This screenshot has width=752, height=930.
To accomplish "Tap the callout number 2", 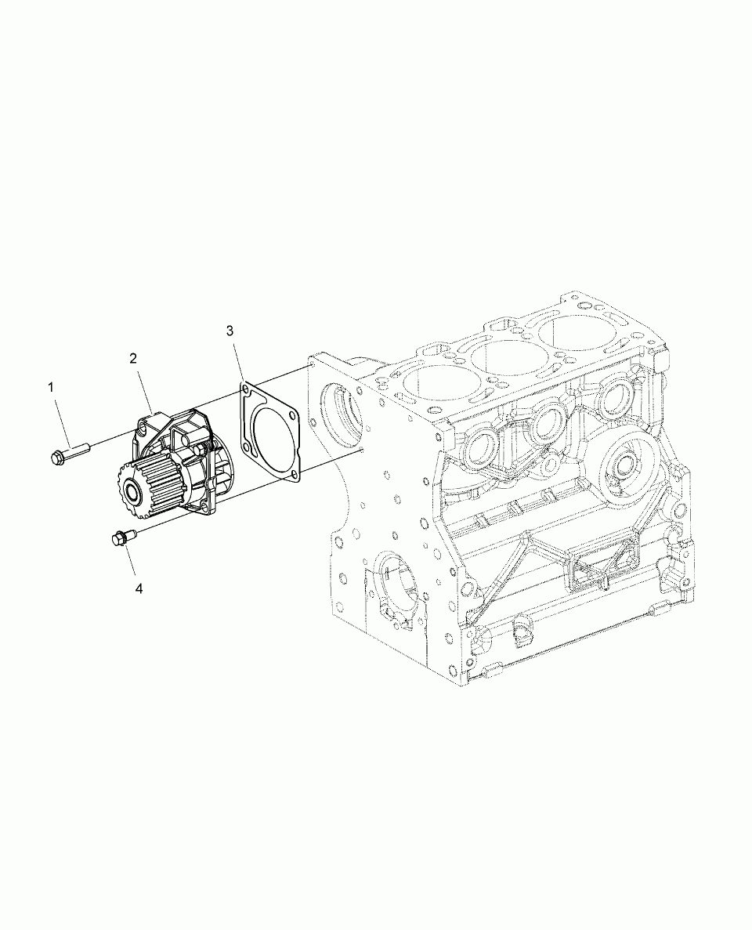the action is point(133,357).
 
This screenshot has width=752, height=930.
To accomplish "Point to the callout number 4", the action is point(139,588).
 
